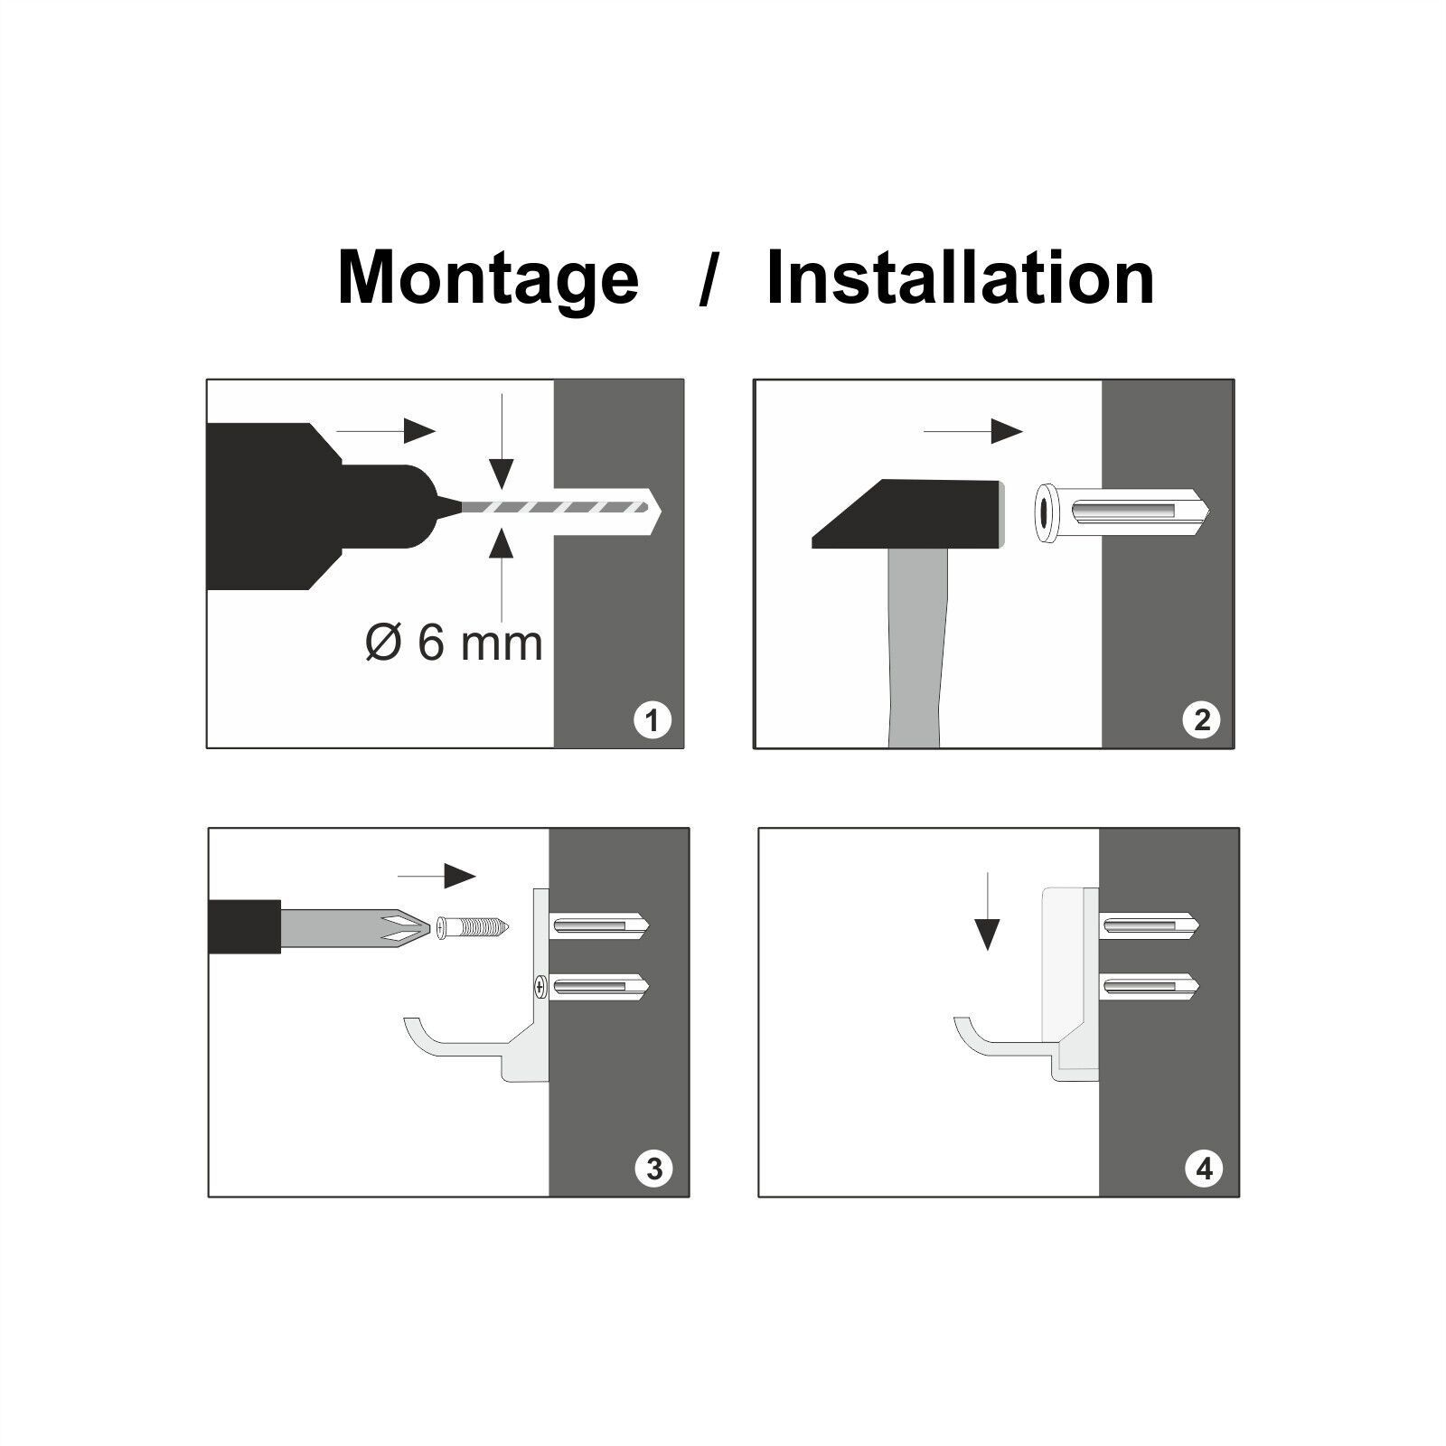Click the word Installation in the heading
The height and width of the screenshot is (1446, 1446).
[x=960, y=277]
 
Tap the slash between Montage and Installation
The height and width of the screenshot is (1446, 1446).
[x=709, y=280]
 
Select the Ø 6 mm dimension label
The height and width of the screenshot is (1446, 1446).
[x=454, y=643]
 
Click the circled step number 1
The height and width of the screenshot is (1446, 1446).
[x=653, y=720]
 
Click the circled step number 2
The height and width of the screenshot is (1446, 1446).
[x=1201, y=720]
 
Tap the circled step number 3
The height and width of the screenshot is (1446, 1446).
[x=653, y=1169]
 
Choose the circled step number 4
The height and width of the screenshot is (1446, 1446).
[x=1204, y=1169]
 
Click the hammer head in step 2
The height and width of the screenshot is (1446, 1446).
[x=908, y=514]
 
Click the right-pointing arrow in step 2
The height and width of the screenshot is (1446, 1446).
[x=972, y=432]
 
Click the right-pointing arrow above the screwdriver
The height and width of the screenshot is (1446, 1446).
[x=437, y=876]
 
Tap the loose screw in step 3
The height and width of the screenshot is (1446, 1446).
[x=473, y=927]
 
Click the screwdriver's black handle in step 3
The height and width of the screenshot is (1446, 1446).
[x=245, y=926]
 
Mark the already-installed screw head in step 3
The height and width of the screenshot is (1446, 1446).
[x=540, y=987]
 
